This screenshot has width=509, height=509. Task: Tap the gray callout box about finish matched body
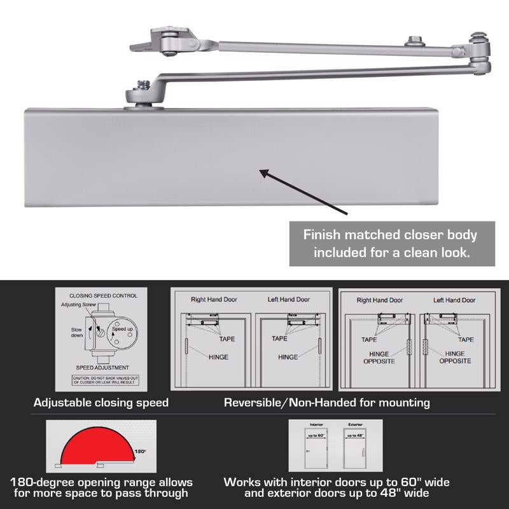click(392, 243)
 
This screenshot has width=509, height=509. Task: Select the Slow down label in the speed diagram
click(76, 331)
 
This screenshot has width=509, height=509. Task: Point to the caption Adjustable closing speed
click(101, 403)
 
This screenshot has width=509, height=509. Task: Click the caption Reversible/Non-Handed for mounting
click(327, 403)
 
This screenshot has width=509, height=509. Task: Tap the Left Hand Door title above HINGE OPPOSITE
click(454, 300)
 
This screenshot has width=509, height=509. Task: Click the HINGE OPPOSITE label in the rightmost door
click(454, 357)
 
